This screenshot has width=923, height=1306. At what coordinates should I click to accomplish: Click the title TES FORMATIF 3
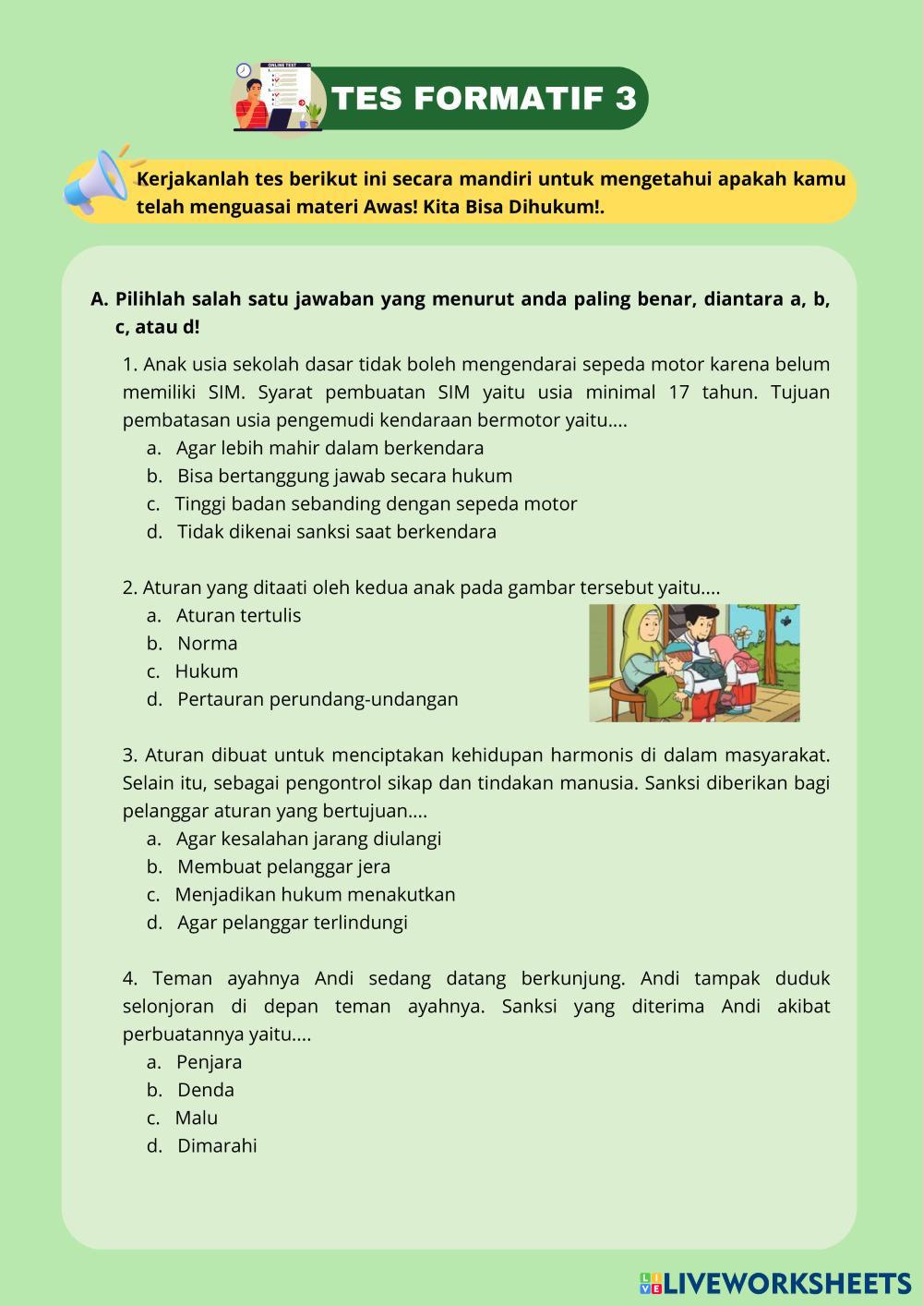484,98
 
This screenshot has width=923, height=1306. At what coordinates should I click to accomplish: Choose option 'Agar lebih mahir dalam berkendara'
330,448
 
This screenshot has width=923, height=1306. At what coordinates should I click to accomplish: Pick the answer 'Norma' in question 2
207,643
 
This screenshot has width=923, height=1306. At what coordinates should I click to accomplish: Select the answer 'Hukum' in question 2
206,671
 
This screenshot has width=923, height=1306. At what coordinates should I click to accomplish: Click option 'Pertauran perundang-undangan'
318,699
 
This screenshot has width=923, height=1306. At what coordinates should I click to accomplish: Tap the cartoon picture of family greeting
694,662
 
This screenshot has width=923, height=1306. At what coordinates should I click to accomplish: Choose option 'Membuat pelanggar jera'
283,866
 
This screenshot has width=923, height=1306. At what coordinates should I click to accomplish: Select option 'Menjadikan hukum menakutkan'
315,894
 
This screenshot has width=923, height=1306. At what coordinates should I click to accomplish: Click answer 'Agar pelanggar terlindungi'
292,922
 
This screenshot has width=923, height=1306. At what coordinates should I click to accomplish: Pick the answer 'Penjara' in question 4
209,1062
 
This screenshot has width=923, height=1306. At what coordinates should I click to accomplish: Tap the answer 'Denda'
206,1090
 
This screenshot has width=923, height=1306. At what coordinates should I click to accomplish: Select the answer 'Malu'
196,1118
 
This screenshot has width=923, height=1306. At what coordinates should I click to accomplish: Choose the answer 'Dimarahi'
217,1145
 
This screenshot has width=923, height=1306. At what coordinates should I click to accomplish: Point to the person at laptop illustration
276,97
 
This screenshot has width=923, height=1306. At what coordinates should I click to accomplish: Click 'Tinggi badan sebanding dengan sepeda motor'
376,503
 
